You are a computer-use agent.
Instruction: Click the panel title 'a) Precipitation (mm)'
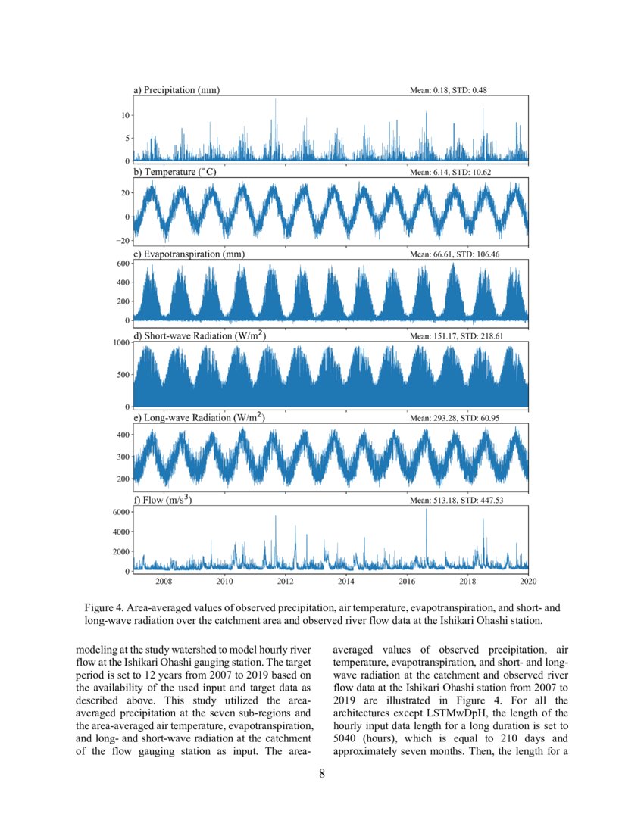[x=177, y=90]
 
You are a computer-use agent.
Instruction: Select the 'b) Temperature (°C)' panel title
[x=175, y=173]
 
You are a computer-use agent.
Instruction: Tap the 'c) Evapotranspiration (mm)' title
[x=189, y=254]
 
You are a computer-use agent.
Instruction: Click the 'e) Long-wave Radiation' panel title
[x=199, y=418]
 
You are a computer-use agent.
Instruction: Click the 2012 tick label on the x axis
[x=286, y=582]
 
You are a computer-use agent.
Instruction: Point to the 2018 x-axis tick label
[x=467, y=582]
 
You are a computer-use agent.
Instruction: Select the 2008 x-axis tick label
[x=164, y=582]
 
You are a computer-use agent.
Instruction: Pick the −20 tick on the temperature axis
[x=122, y=241]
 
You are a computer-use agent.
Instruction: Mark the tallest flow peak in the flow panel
[x=427, y=510]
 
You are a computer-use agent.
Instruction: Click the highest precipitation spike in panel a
[x=275, y=99]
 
